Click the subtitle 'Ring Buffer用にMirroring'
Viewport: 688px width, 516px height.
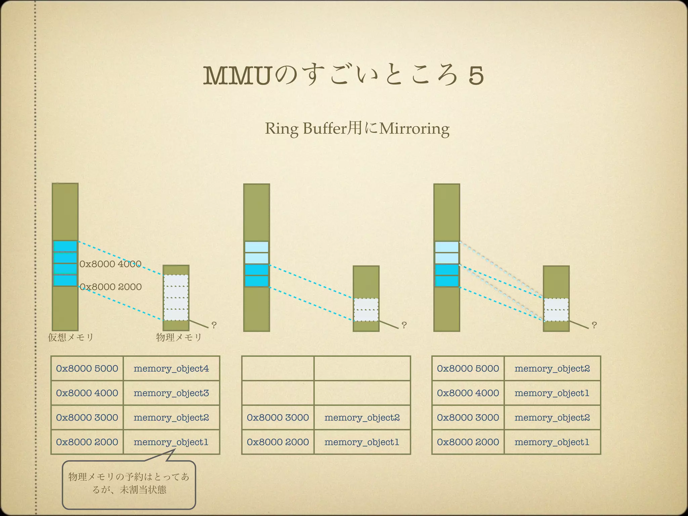coord(357,129)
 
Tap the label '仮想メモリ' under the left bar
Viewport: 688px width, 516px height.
coord(71,337)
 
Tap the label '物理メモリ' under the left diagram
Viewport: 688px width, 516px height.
coord(179,337)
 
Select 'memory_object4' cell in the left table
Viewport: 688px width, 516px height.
coord(171,369)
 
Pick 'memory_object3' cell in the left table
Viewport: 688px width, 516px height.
coord(171,393)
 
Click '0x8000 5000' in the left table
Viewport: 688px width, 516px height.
coord(87,369)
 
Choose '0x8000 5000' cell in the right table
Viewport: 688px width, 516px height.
coord(468,369)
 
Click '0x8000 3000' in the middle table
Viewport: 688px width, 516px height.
coord(278,418)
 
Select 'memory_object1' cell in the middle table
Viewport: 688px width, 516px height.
coord(362,442)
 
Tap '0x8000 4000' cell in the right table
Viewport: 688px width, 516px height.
coord(468,393)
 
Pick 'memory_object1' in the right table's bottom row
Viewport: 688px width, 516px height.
coord(552,442)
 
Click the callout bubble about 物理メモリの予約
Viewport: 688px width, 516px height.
coord(129,484)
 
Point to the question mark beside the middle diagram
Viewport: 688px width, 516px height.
coord(404,325)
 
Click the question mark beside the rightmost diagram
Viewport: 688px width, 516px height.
coord(594,325)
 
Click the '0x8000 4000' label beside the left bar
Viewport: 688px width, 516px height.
coord(110,264)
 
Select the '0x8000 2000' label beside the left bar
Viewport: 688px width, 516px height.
coord(111,287)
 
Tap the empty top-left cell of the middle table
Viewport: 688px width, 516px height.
coord(278,369)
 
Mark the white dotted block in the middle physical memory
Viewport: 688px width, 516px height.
coord(366,309)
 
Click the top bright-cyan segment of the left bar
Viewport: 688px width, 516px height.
coord(65,246)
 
